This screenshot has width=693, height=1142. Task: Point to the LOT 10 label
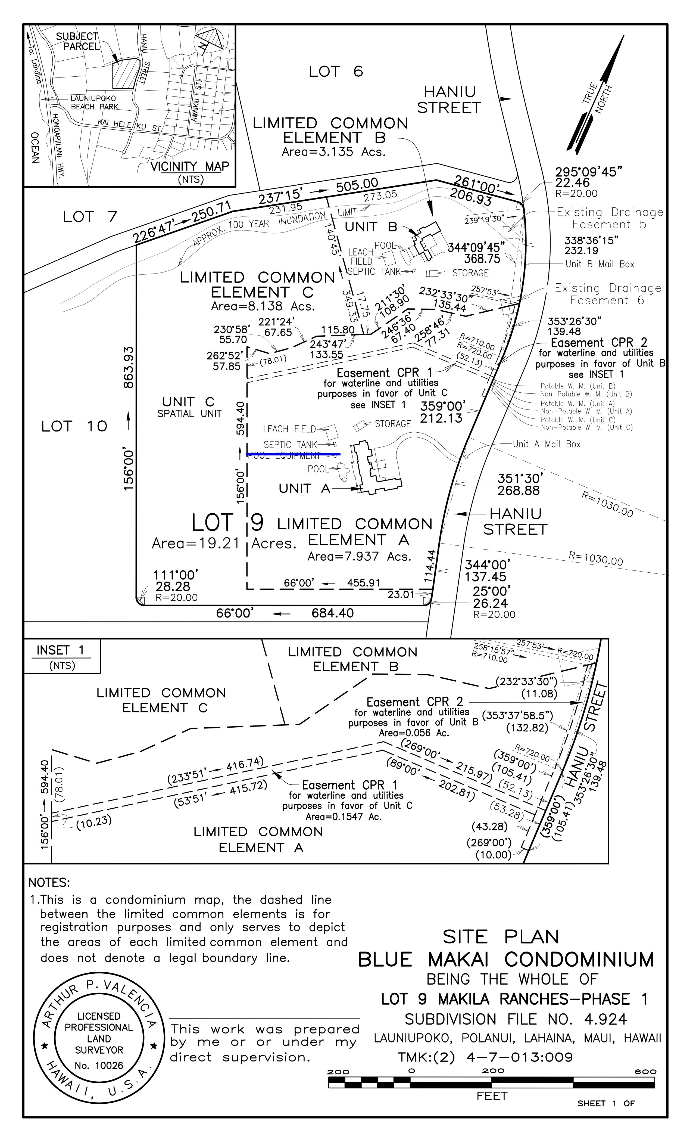click(74, 426)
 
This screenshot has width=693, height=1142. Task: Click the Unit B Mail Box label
click(600, 264)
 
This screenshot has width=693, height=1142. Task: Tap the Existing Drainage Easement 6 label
click(607, 294)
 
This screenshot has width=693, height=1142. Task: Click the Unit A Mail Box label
click(546, 444)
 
